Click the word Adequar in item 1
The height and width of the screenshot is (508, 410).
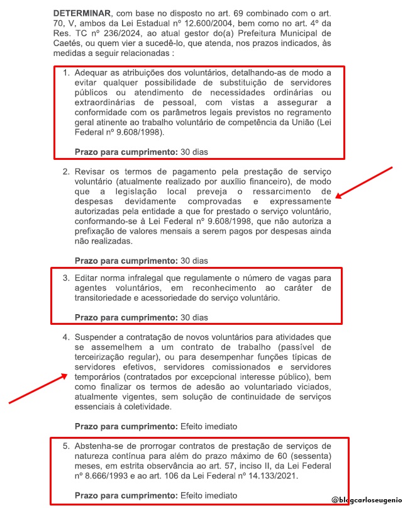point(92,73)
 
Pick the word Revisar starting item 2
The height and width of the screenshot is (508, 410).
point(91,172)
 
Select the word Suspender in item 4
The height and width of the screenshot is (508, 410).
point(97,337)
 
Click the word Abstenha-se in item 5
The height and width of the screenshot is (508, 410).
point(99,446)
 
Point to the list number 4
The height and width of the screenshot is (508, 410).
point(65,337)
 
